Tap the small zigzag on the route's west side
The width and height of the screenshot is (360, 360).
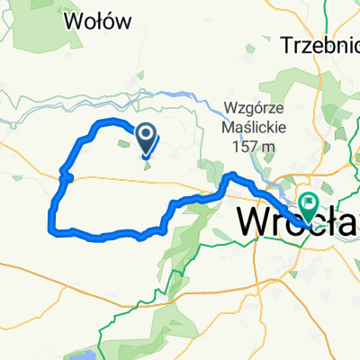pos(63,173)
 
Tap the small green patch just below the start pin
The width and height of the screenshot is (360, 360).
pos(147,162)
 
